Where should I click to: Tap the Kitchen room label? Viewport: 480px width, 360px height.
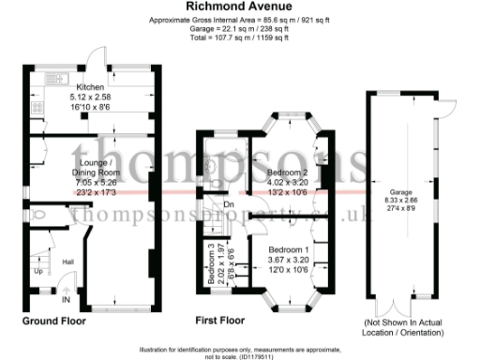click(x=90, y=86)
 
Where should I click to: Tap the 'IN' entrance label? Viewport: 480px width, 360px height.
click(x=65, y=300)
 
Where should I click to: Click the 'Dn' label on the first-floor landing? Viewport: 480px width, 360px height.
click(x=228, y=204)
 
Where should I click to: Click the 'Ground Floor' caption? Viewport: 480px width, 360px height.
click(x=54, y=321)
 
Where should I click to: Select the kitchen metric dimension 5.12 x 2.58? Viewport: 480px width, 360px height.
click(x=90, y=96)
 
